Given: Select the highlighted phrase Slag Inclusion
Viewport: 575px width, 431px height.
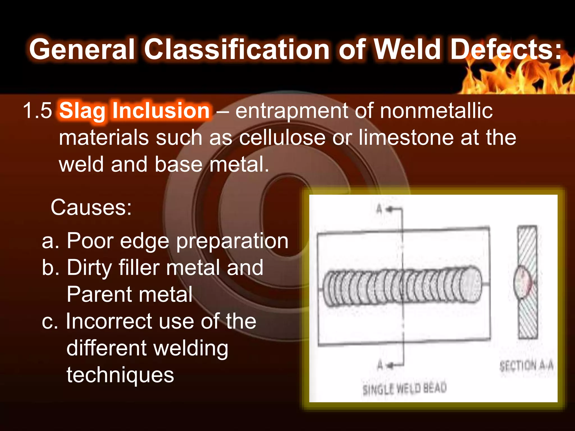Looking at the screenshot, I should point(134,111).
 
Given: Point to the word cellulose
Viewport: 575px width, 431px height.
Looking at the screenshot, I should point(282,137).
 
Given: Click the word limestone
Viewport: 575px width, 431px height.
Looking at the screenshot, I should point(406,137).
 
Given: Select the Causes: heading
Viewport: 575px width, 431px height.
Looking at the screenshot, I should point(91,208).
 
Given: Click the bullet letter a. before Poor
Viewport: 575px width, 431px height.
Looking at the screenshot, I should point(51,241).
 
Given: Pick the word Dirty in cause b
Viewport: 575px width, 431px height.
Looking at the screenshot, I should point(89,268).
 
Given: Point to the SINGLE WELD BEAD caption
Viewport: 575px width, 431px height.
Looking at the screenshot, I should point(405,389).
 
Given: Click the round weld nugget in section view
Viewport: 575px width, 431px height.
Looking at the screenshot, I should point(522,282).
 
